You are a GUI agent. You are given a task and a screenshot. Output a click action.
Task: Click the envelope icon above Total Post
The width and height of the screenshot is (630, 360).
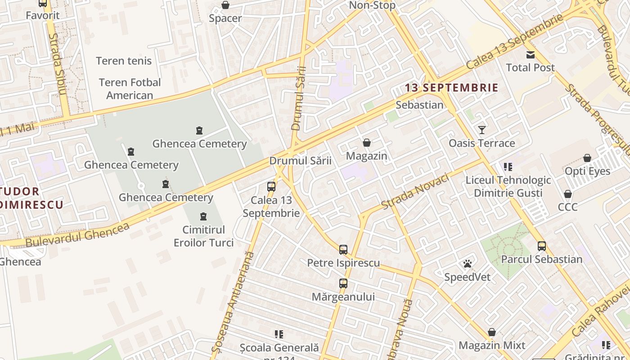531,55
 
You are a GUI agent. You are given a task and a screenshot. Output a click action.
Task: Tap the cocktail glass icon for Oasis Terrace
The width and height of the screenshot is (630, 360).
482,130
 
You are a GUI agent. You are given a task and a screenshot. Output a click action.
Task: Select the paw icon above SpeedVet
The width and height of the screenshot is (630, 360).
468,264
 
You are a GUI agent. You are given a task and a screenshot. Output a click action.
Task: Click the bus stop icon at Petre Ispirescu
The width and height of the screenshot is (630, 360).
343,249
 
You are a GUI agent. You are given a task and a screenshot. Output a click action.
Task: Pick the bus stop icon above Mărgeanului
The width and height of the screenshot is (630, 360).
343,283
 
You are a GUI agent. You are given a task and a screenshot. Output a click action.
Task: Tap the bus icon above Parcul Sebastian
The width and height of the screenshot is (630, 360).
542,246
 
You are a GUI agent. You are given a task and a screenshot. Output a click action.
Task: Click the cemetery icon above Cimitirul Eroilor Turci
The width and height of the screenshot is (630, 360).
203,217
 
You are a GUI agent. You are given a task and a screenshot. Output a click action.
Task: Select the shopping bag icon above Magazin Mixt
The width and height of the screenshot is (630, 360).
492,333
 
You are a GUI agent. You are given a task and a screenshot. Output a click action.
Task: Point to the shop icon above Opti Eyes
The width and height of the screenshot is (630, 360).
587,158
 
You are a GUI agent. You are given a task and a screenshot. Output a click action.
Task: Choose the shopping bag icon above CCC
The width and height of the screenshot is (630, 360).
568,194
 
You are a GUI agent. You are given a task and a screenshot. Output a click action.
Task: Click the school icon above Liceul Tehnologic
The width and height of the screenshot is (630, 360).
508,167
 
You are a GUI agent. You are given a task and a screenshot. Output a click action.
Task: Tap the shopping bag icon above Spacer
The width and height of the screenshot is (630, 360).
225,5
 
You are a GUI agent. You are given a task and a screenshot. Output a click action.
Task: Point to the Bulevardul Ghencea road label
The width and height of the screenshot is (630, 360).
77,234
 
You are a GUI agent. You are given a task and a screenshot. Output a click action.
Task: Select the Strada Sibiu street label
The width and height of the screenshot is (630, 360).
57,64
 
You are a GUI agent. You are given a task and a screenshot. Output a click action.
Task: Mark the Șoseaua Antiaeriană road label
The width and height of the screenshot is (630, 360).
233,302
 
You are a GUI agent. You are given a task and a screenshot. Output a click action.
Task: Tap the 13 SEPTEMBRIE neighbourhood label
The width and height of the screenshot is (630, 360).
451,88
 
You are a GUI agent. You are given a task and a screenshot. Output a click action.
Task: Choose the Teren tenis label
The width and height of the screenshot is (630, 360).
124,61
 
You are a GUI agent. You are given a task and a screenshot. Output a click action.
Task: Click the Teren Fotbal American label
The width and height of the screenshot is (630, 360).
130,89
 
